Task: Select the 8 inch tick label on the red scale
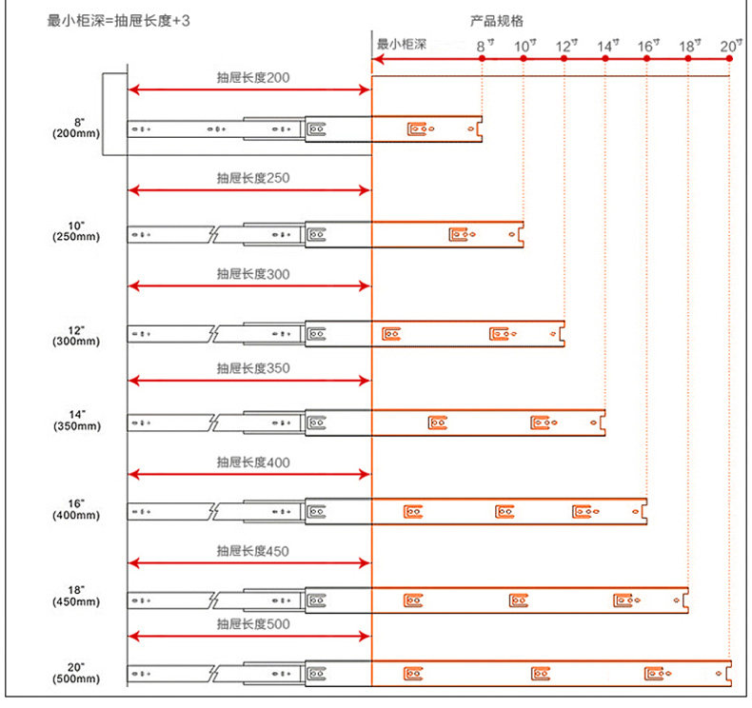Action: [x=484, y=45]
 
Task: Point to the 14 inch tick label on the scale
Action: [x=607, y=45]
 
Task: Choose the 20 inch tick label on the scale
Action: [x=730, y=45]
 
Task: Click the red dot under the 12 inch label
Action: [x=564, y=59]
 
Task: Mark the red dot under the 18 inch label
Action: [x=688, y=59]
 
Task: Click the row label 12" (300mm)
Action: [x=76, y=334]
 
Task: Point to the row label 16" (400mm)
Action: [x=76, y=508]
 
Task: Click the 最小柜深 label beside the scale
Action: [x=401, y=44]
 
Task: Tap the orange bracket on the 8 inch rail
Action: [x=415, y=128]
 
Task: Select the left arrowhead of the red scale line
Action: [x=377, y=59]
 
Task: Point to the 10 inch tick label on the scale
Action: [x=524, y=45]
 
